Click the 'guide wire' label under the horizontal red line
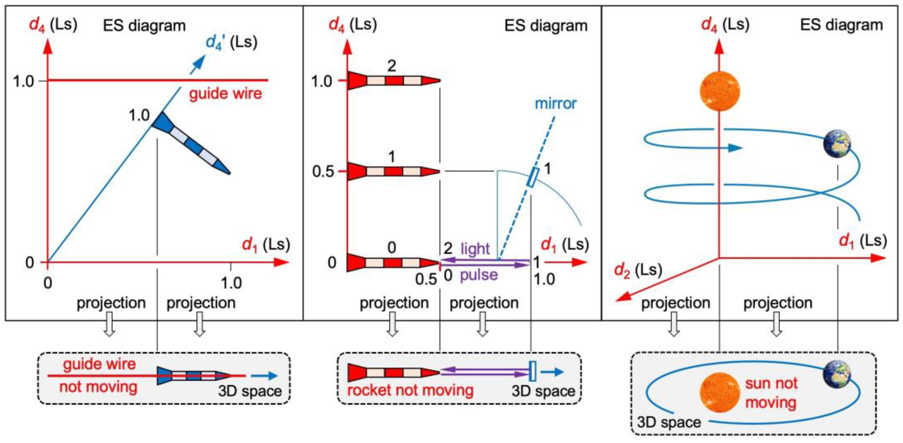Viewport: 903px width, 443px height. [x=225, y=94]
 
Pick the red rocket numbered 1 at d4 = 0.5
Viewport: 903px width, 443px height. [x=392, y=172]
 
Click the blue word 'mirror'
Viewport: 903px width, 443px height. [x=555, y=104]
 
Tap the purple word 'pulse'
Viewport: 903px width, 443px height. [x=478, y=275]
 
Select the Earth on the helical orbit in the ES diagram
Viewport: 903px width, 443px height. [x=837, y=144]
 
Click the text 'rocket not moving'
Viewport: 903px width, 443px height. [x=410, y=390]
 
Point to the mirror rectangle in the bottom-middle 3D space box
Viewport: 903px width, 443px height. [x=532, y=371]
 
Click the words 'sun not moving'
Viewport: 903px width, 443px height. [x=771, y=392]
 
